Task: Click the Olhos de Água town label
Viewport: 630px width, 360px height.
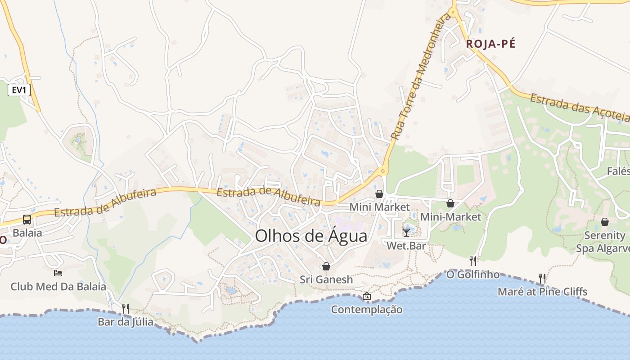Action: [x=311, y=236]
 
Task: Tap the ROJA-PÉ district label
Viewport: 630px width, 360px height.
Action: [x=490, y=44]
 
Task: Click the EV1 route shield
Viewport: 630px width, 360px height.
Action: [x=19, y=90]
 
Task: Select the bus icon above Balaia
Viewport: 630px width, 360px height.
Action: [x=27, y=220]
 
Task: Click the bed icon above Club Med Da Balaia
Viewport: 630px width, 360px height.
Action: [x=58, y=273]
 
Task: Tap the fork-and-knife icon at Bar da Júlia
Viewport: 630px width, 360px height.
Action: [x=126, y=308]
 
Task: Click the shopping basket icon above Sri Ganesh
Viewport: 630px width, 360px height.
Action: [x=326, y=266]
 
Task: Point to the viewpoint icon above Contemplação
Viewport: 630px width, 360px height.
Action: [x=367, y=296]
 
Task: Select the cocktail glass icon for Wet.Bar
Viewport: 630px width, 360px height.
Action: [x=406, y=232]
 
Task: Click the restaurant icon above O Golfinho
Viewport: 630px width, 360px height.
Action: [x=473, y=261]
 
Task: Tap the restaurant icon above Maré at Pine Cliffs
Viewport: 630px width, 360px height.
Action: [x=542, y=278]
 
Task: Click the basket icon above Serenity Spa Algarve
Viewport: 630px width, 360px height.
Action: [x=605, y=222]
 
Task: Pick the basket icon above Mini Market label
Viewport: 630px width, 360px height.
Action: [x=379, y=194]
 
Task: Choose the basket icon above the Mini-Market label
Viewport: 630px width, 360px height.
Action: [x=450, y=203]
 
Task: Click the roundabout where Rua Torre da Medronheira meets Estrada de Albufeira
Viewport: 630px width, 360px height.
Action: [x=383, y=171]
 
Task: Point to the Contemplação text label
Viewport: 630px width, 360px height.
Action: [x=367, y=310]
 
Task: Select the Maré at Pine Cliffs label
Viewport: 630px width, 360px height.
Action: [x=542, y=292]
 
